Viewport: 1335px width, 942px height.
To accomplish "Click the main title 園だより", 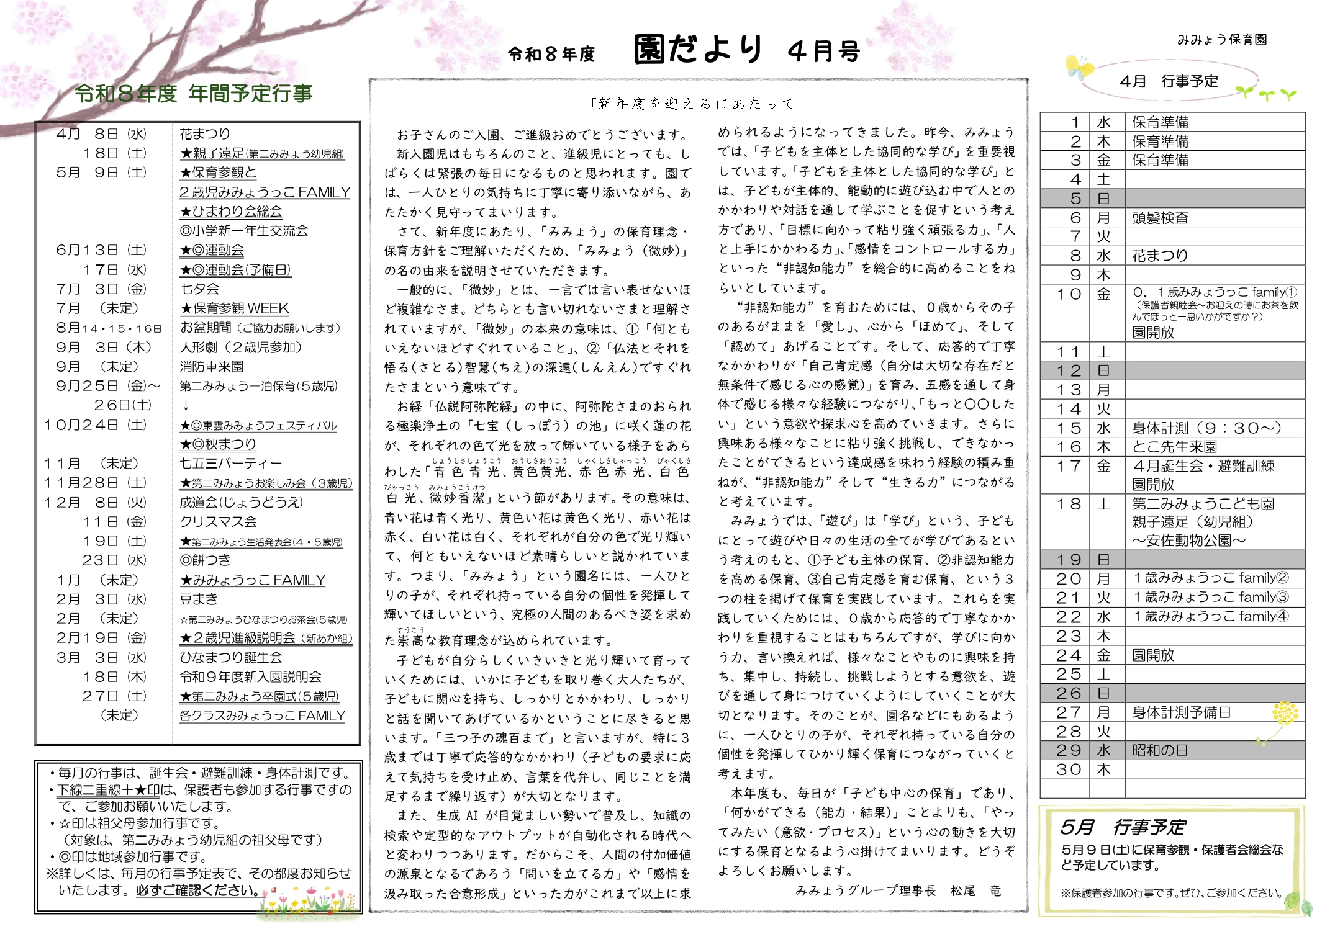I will pyautogui.click(x=698, y=50).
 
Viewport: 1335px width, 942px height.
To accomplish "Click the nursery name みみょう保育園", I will pyautogui.click(x=1221, y=40).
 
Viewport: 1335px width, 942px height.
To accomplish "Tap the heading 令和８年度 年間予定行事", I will pyautogui.click(x=193, y=94).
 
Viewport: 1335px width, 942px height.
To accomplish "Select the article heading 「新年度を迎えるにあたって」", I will pyautogui.click(x=698, y=104).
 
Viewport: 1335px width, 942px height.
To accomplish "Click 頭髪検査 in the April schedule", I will pyautogui.click(x=1160, y=218).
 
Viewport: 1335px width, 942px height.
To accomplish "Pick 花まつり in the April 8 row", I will pyautogui.click(x=1159, y=256).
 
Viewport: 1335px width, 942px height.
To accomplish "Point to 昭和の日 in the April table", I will pyautogui.click(x=1159, y=750).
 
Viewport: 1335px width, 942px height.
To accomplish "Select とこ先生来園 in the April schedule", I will pyautogui.click(x=1174, y=447).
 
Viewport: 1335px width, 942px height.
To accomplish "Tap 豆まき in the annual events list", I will pyautogui.click(x=199, y=599).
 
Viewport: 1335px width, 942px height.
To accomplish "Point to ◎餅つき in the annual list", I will pyautogui.click(x=205, y=560).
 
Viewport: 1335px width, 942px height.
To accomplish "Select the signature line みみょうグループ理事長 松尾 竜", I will pyautogui.click(x=898, y=891).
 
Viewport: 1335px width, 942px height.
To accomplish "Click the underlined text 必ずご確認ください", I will pyautogui.click(x=197, y=890).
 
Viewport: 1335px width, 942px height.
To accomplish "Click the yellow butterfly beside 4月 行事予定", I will pyautogui.click(x=1079, y=67).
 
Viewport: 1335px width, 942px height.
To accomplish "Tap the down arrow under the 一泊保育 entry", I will pyautogui.click(x=186, y=405).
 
